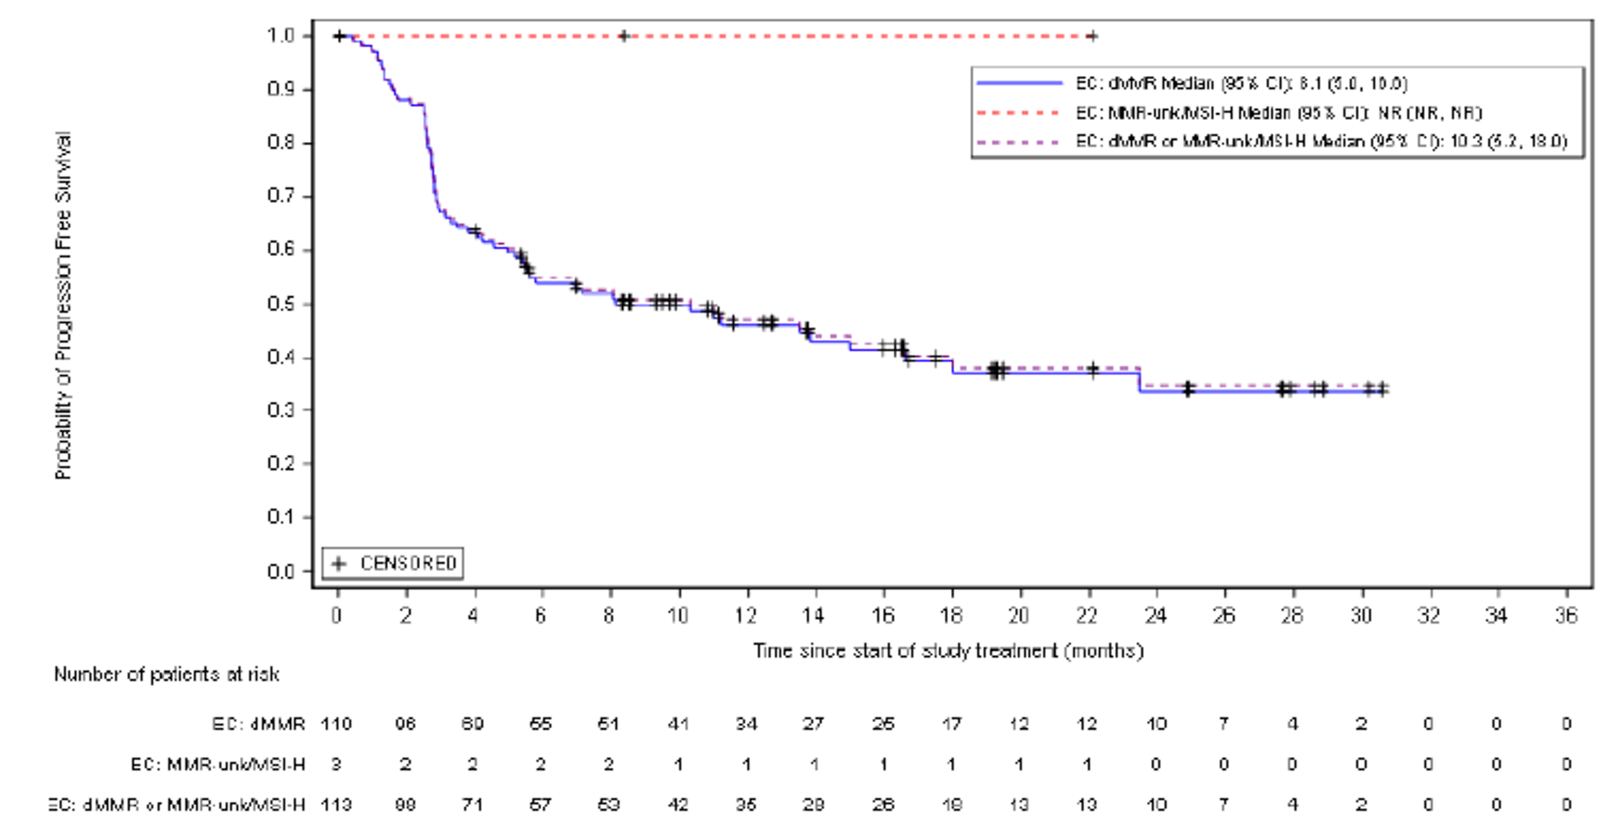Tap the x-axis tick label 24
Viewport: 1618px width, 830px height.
click(x=1155, y=615)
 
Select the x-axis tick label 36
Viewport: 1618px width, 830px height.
click(x=1566, y=615)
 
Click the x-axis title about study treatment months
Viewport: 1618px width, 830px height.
click(x=948, y=651)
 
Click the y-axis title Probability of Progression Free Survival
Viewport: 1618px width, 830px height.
click(x=63, y=305)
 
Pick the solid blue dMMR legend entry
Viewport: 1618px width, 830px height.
click(x=1240, y=83)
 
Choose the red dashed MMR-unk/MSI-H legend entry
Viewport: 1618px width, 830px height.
click(x=1278, y=112)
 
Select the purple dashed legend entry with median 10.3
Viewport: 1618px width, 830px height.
click(x=1320, y=141)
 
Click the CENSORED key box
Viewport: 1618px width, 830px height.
click(x=393, y=563)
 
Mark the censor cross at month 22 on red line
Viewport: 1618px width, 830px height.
click(x=1092, y=36)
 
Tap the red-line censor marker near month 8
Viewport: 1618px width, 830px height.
click(x=624, y=36)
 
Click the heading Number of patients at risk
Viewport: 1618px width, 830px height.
click(x=166, y=674)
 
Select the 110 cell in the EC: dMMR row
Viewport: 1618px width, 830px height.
click(x=337, y=724)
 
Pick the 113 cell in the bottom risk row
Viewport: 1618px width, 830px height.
click(x=337, y=804)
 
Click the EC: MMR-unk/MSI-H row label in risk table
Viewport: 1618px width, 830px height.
click(x=218, y=764)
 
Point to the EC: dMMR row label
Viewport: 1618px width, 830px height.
click(x=258, y=724)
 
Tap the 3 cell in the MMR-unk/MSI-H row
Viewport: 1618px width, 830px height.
click(x=337, y=764)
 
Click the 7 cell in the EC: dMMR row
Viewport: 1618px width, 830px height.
click(x=1224, y=724)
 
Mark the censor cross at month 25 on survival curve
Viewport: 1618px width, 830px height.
click(x=1189, y=390)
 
